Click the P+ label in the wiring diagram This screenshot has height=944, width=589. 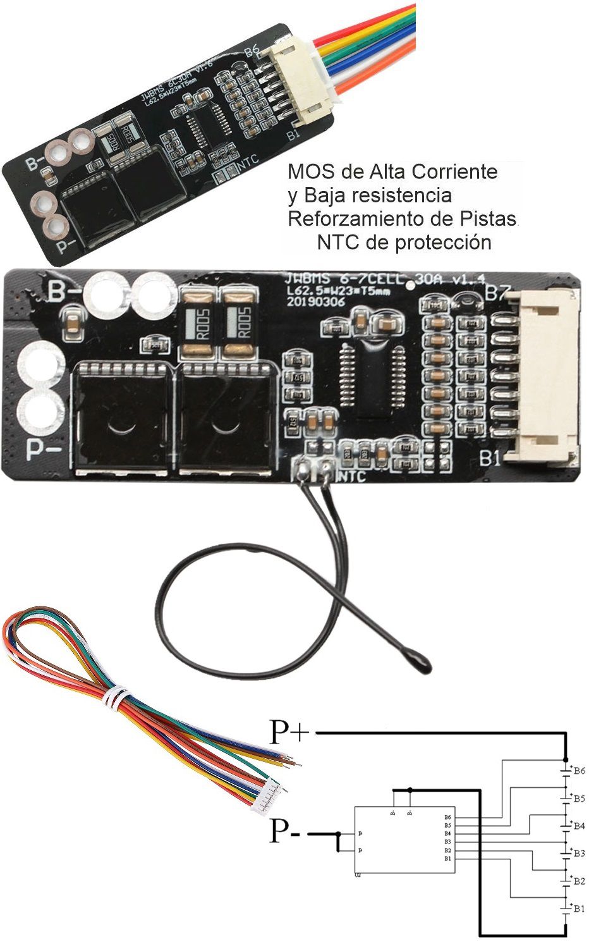[289, 732]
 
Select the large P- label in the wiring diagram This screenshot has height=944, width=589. [285, 831]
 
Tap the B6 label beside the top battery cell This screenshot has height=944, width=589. [578, 771]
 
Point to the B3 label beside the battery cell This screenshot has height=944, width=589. [578, 853]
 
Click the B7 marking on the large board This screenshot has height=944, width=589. [497, 293]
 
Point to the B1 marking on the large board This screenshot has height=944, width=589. [490, 458]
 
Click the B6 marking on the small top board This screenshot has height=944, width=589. [252, 52]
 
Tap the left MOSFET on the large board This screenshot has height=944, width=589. [121, 419]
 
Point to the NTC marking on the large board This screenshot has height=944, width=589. [352, 476]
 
